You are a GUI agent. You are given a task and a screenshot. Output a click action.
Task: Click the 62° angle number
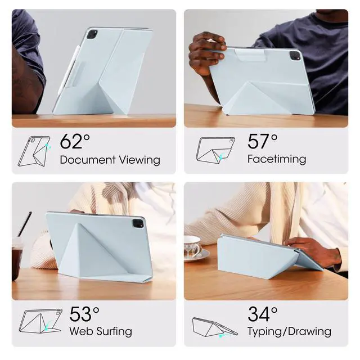[x=75, y=141]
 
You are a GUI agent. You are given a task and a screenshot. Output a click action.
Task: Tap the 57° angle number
[x=263, y=141]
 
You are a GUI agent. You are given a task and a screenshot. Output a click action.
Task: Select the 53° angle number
[x=84, y=314]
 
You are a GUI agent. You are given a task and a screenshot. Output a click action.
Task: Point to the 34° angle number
[x=263, y=314]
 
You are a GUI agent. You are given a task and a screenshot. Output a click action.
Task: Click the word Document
[x=88, y=160]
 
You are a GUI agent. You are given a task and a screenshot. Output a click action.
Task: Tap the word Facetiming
[x=277, y=159]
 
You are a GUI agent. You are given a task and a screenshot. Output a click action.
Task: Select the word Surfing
[x=114, y=332]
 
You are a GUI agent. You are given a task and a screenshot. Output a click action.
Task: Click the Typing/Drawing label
[x=289, y=332]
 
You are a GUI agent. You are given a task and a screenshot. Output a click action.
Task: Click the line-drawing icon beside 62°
[x=34, y=151]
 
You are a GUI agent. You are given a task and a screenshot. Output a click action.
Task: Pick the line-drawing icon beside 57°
[x=215, y=150]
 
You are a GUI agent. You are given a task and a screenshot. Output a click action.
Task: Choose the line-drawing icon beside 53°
[x=40, y=321]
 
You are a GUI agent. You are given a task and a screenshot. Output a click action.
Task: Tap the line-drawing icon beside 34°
[x=215, y=327]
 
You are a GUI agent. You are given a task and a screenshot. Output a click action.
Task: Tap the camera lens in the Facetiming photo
[x=295, y=56]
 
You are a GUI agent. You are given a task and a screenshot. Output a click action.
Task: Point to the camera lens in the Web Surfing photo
[x=138, y=223]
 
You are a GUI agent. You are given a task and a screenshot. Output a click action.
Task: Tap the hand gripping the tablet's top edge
[x=206, y=53]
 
